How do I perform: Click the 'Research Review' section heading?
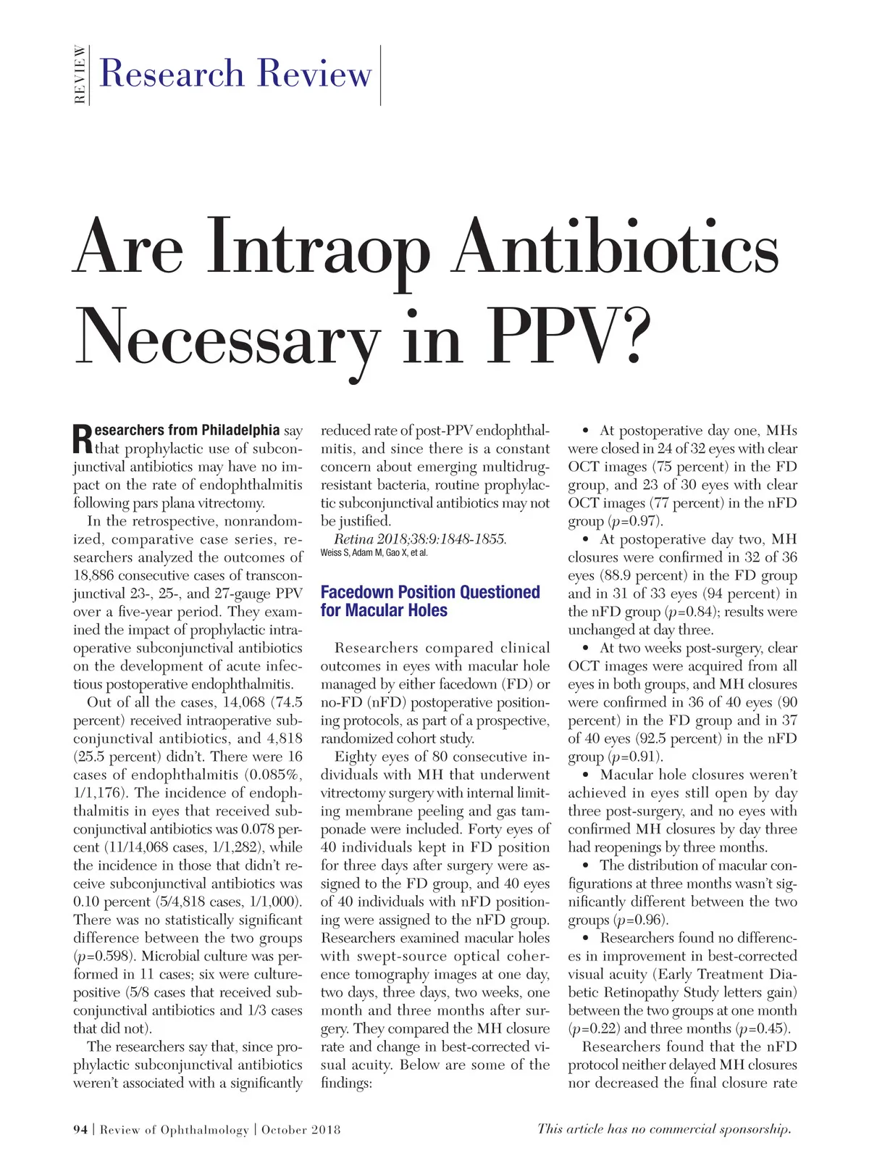(x=235, y=74)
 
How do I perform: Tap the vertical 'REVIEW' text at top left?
(x=80, y=75)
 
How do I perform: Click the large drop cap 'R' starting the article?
(x=83, y=439)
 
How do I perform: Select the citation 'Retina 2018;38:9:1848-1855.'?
(x=420, y=539)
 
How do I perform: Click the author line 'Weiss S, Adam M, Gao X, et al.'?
(x=374, y=554)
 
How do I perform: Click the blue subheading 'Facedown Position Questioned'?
(x=430, y=592)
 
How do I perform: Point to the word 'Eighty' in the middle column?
(x=355, y=757)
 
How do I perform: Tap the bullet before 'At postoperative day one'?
(x=585, y=431)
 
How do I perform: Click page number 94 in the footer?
(x=80, y=1129)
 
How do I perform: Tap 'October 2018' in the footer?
(x=301, y=1129)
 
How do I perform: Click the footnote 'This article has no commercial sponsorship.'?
(x=664, y=1128)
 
